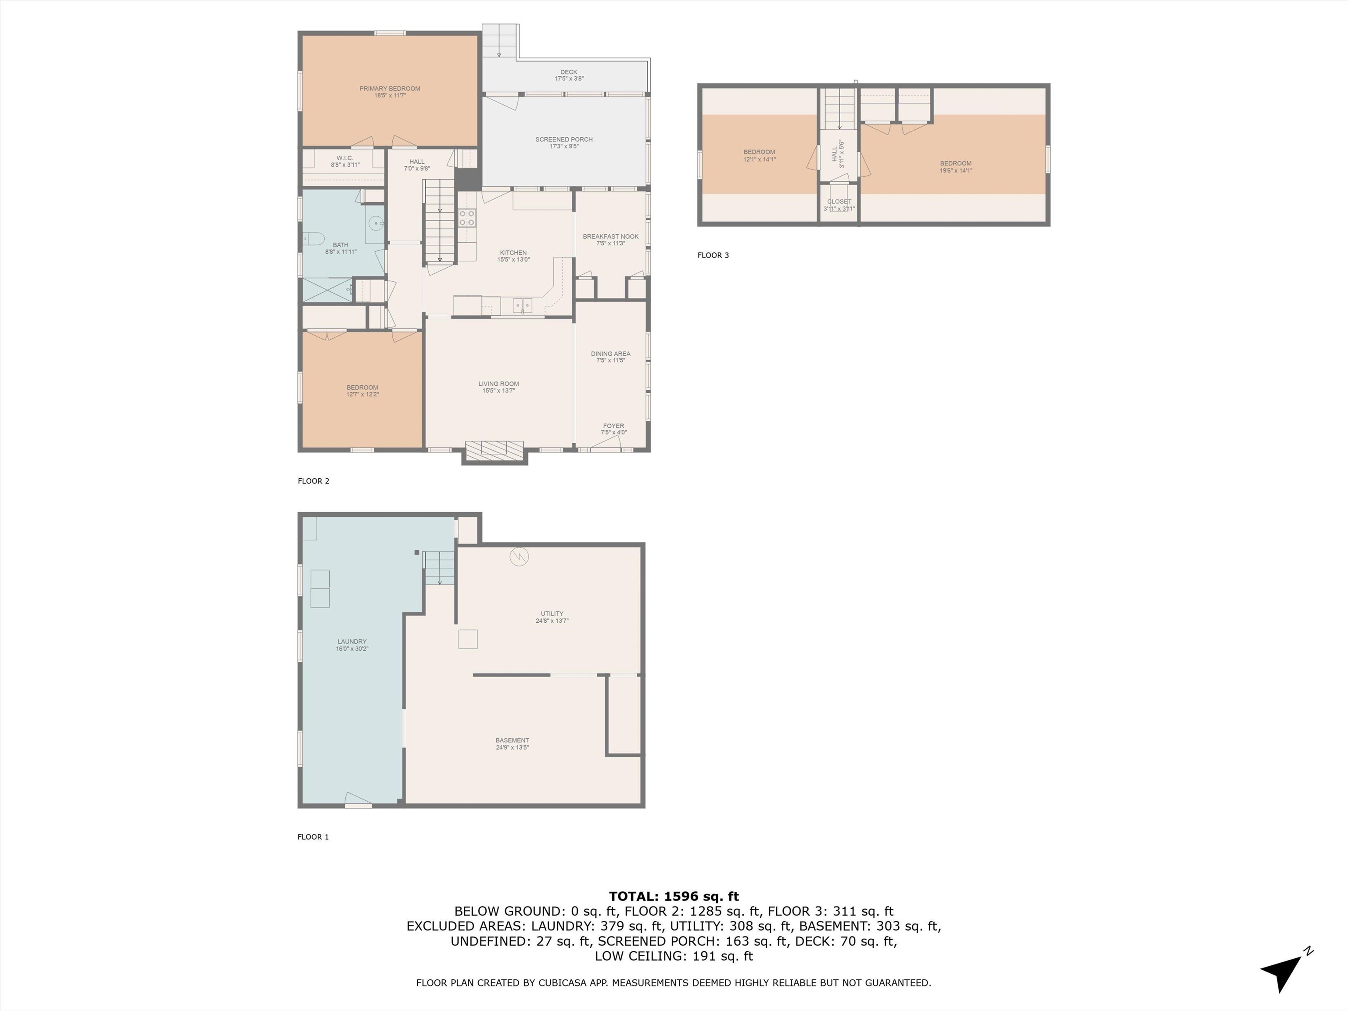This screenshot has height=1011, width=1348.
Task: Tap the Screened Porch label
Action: coord(564,140)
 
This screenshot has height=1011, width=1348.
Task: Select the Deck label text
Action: coord(569,72)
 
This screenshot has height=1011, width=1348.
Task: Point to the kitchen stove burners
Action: coord(467,218)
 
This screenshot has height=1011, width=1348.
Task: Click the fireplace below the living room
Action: coord(494,450)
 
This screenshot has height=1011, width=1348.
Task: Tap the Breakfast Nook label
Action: coord(611,237)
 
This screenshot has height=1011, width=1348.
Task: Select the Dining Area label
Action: coord(611,353)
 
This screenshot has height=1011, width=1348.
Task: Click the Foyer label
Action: coord(614,426)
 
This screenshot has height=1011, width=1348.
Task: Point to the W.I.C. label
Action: coord(345,158)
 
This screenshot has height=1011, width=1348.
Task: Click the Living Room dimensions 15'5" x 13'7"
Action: coord(498,391)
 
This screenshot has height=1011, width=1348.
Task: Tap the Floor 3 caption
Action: coord(713,255)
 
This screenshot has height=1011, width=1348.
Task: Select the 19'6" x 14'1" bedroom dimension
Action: coord(956,171)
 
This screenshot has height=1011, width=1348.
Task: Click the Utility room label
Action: coord(552,614)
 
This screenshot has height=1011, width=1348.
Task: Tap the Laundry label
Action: coord(352,642)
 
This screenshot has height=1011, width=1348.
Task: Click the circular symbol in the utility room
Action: coord(519,557)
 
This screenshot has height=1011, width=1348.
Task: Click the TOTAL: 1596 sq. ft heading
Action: coord(674,896)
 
